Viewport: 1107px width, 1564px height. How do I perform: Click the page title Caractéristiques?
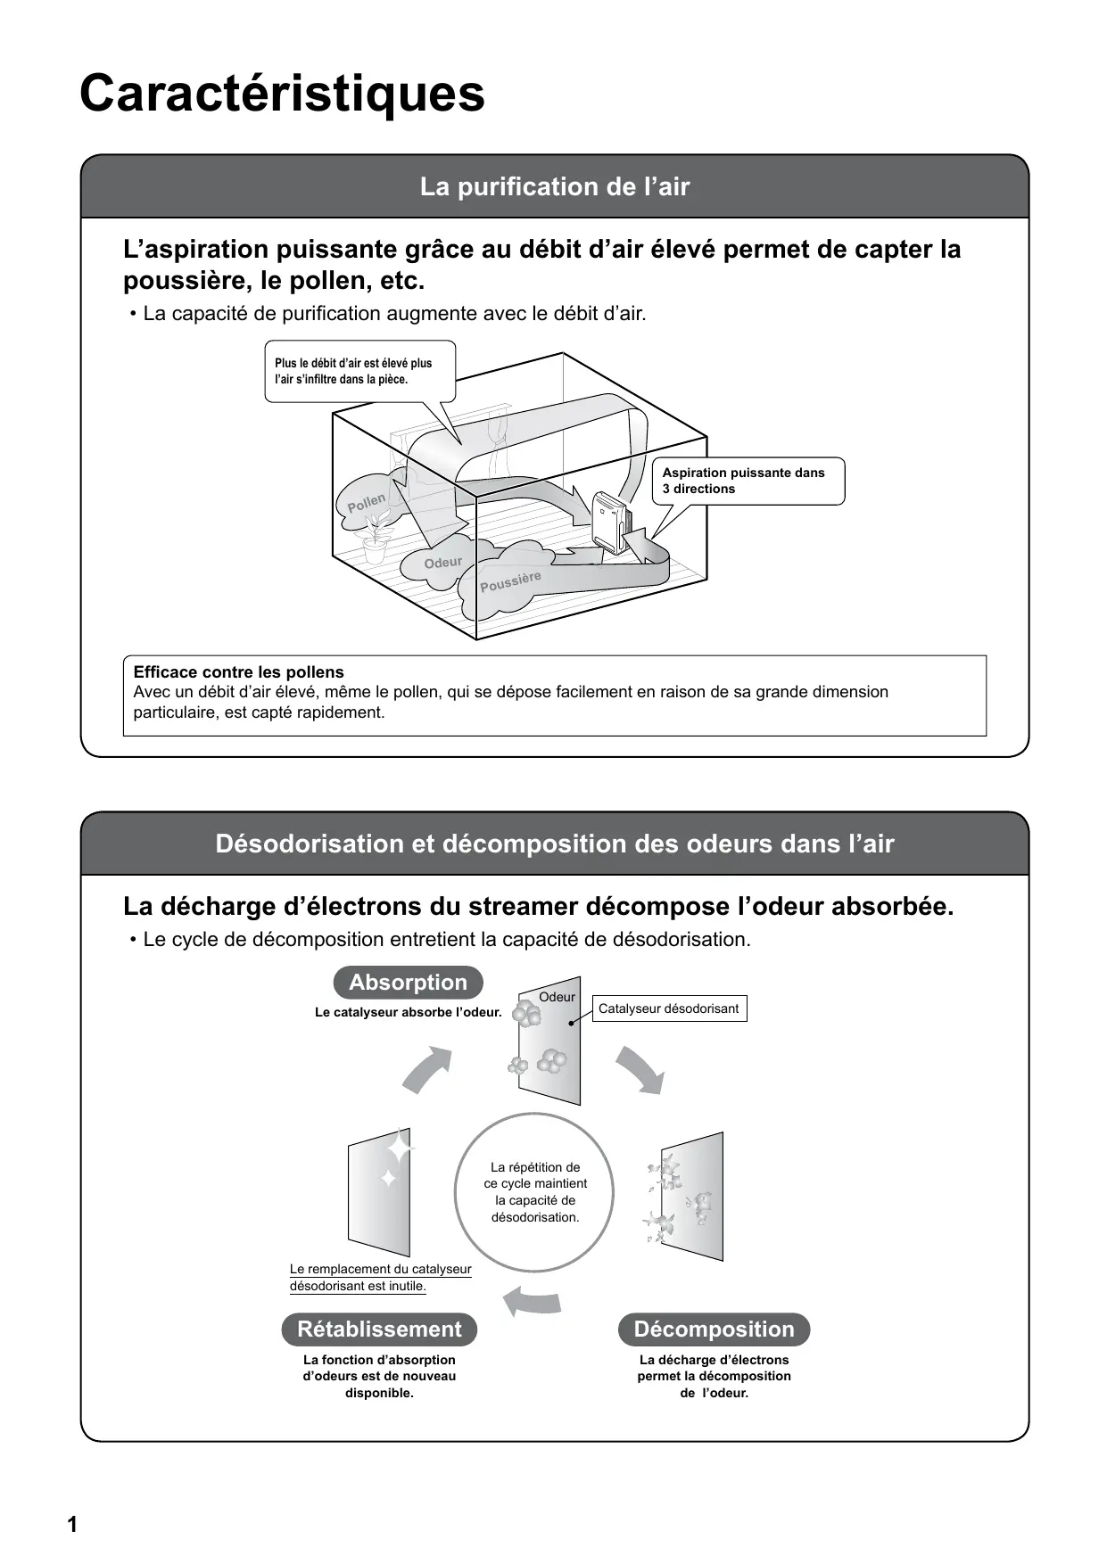(282, 94)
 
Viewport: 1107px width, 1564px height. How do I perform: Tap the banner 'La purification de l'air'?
(554, 187)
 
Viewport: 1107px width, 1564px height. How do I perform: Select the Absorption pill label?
(408, 983)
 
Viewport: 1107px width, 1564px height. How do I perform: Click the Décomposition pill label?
(714, 1329)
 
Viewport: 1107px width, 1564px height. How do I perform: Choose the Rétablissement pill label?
(379, 1329)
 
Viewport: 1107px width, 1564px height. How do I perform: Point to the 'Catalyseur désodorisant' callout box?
(668, 1008)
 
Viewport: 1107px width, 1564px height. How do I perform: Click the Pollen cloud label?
(367, 502)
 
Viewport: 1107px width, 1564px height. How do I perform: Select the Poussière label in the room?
(510, 582)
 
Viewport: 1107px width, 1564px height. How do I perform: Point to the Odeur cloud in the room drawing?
(443, 563)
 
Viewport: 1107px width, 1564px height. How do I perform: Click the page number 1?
(72, 1525)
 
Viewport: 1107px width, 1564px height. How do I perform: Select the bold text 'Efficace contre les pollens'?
(238, 672)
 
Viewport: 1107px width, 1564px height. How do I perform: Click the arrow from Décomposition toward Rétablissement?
(533, 1302)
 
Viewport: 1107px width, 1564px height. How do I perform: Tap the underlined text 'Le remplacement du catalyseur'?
(380, 1269)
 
